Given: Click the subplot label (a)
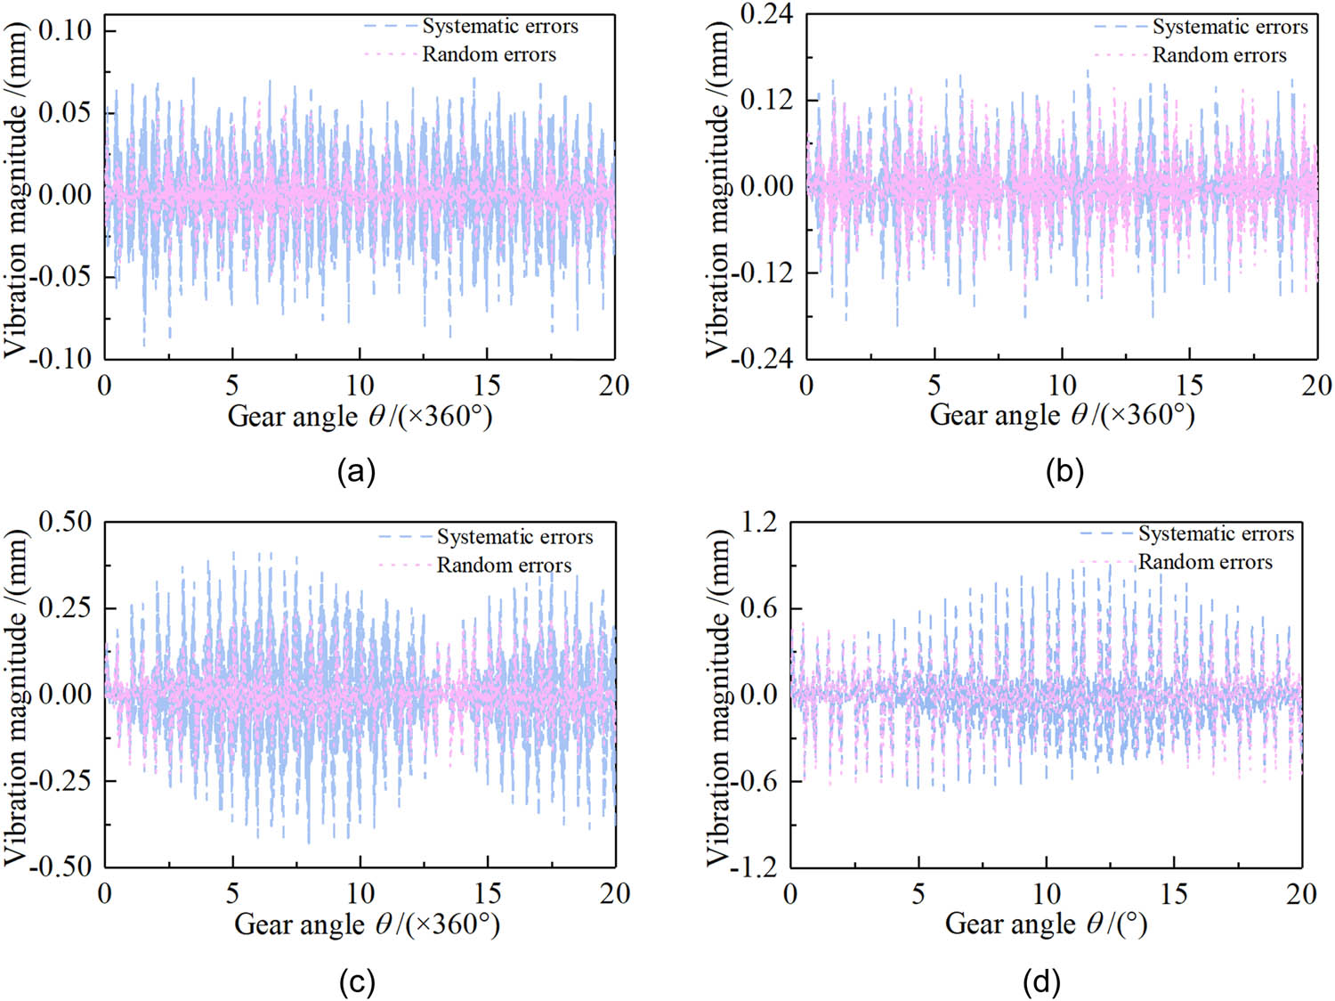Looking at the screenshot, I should [x=356, y=471].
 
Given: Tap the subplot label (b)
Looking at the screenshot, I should [x=1064, y=471].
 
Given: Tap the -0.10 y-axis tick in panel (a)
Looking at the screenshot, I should [x=61, y=358].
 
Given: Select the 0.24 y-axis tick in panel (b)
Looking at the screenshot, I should [x=766, y=14].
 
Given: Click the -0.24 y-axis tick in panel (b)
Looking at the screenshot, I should [x=762, y=358].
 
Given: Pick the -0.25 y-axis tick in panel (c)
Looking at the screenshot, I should [x=61, y=781].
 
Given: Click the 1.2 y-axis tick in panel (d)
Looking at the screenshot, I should [x=759, y=522].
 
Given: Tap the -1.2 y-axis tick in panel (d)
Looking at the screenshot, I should [x=754, y=866].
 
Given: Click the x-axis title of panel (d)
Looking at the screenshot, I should [x=1046, y=924].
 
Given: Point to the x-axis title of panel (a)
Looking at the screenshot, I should [x=360, y=416].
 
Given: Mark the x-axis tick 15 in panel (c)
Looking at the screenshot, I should [x=487, y=894].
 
